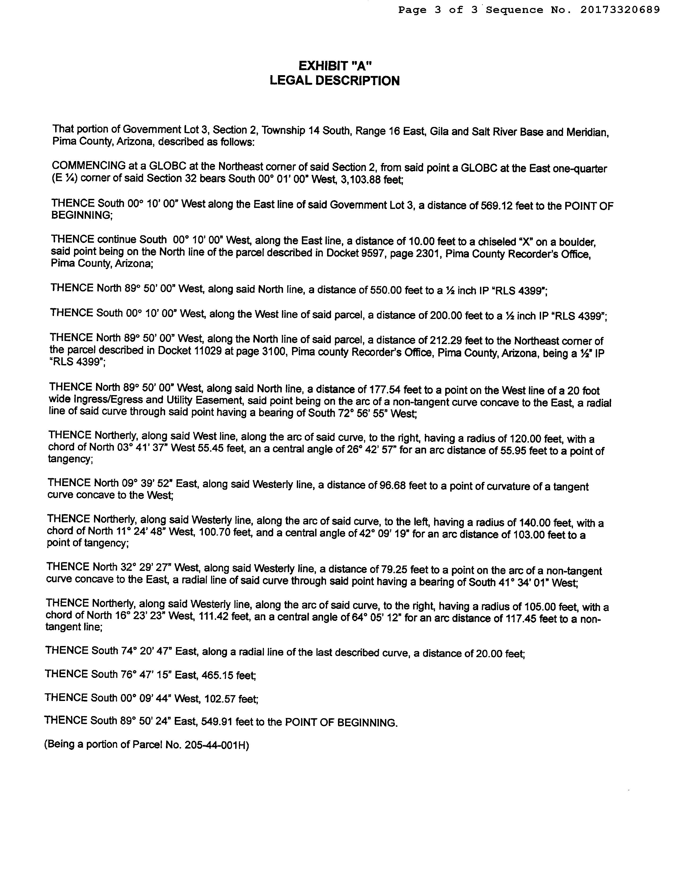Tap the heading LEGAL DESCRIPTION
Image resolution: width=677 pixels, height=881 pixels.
pos(335,81)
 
